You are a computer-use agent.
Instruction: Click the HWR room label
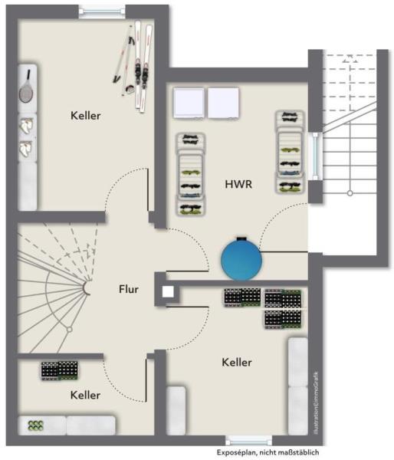[x=239, y=185]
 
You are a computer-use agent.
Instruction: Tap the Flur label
[x=129, y=289]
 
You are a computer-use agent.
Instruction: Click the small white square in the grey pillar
[x=167, y=291]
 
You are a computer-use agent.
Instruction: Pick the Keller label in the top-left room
[x=85, y=116]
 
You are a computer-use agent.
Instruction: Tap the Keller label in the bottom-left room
[x=85, y=395]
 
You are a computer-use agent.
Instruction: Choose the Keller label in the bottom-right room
[x=237, y=362]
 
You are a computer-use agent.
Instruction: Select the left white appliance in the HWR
[x=189, y=103]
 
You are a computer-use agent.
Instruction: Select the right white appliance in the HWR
[x=224, y=103]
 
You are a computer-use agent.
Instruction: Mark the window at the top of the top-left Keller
[x=100, y=11]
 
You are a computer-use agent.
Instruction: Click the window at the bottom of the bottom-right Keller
[x=249, y=441]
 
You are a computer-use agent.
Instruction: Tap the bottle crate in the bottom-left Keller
[x=60, y=370]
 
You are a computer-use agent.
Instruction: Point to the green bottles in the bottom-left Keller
[x=36, y=425]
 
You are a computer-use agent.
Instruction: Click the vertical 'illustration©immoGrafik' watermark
[x=314, y=398]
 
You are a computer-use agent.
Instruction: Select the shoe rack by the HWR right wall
[x=290, y=152]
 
